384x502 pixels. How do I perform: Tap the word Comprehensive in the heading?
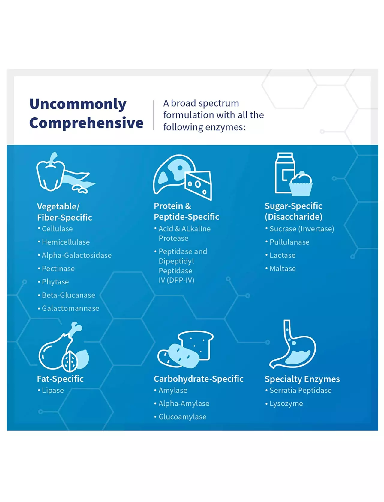(x=86, y=123)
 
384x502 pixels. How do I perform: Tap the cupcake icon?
(x=301, y=184)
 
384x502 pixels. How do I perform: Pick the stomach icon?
(x=292, y=344)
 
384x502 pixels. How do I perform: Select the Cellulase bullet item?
(x=55, y=229)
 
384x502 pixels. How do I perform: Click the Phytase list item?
(x=53, y=282)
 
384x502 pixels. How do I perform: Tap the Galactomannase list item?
(x=68, y=308)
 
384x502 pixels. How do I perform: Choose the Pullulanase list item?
(x=287, y=242)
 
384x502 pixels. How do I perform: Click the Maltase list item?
(x=280, y=269)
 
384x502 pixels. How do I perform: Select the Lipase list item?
(x=51, y=391)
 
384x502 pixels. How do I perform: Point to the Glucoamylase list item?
(x=180, y=417)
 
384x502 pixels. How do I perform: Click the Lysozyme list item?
(x=284, y=404)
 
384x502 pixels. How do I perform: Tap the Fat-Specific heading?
(x=60, y=379)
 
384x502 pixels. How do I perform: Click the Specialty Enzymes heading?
(x=302, y=379)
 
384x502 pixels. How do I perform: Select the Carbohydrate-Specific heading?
(x=199, y=379)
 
